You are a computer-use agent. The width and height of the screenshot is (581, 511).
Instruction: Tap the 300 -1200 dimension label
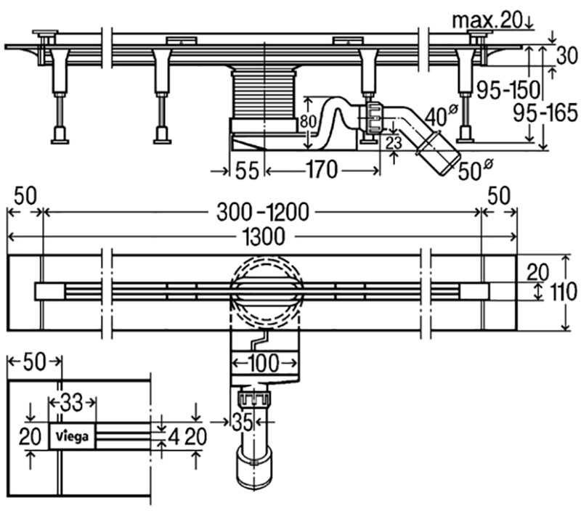(263, 212)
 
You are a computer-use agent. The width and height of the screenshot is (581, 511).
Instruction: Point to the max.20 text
(487, 21)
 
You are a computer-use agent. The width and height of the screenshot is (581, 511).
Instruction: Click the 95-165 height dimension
(545, 112)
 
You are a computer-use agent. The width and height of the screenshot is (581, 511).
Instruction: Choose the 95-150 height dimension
(508, 89)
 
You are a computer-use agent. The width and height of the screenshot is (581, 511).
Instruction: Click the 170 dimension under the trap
(321, 171)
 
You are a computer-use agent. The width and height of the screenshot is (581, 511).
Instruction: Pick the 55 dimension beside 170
(247, 171)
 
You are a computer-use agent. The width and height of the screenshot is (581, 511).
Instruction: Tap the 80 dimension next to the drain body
(288, 121)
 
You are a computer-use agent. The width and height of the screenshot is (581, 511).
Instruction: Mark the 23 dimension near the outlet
(393, 142)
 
